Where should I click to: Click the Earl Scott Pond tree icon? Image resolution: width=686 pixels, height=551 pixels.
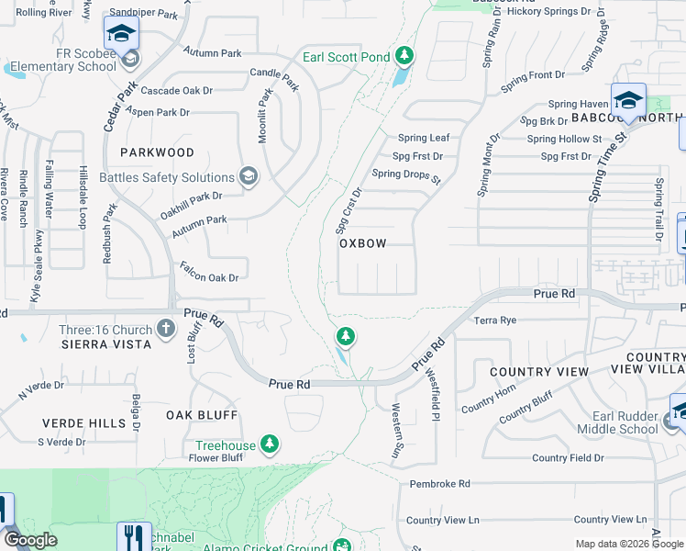coord(404,57)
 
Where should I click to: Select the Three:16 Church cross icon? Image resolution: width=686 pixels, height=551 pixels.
coord(165,328)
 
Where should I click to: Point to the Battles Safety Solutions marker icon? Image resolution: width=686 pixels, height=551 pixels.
coord(248,177)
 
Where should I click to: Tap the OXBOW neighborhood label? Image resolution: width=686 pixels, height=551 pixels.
coord(362,243)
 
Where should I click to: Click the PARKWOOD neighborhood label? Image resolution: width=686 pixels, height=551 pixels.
coord(156,152)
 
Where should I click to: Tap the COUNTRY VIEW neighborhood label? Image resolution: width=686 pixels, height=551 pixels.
coord(538,372)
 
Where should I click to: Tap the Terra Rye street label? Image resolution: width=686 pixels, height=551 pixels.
coord(496,320)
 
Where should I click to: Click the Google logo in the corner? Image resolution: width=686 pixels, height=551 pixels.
coord(29,540)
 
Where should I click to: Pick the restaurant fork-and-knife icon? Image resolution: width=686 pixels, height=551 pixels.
coord(134,536)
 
